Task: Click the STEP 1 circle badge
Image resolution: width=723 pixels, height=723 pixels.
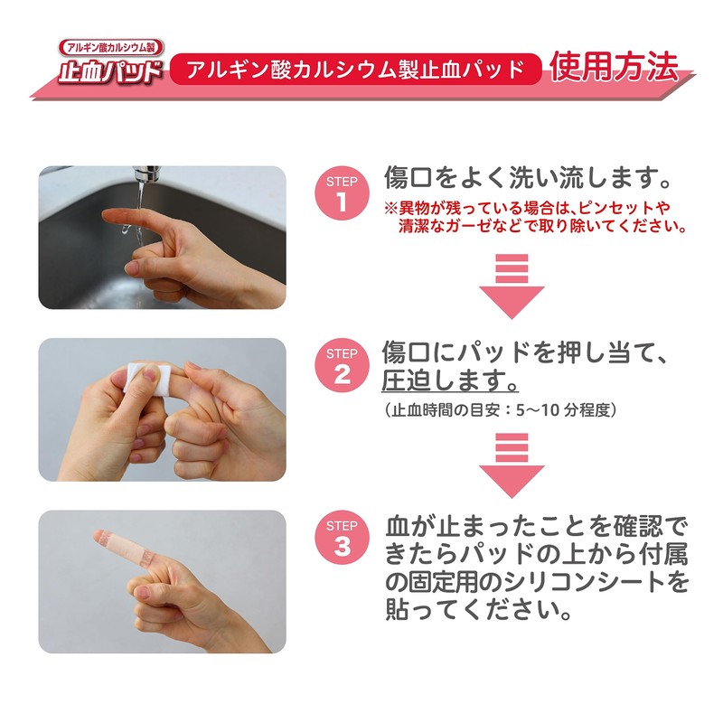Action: coord(341,192)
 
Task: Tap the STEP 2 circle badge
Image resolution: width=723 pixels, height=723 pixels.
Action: coord(341,365)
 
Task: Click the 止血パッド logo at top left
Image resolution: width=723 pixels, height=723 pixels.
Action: coord(110,72)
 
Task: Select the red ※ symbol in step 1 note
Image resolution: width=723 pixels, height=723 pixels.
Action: coord(390,206)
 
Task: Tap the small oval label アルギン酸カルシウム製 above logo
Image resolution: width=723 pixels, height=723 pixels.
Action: coord(110,48)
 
